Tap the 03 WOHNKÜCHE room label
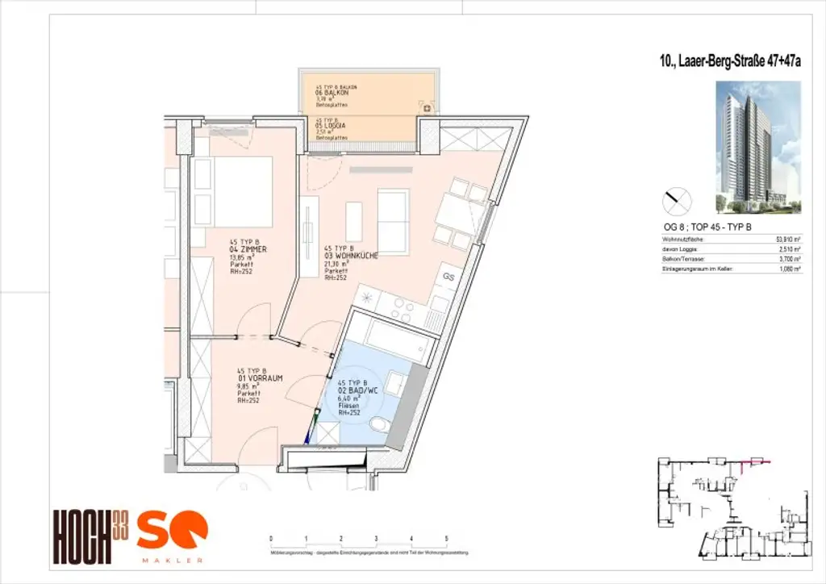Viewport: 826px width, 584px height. click(352, 256)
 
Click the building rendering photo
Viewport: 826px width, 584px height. click(758, 147)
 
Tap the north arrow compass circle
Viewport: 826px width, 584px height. click(676, 198)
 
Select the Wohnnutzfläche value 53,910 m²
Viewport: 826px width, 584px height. click(786, 240)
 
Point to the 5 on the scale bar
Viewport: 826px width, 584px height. click(446, 537)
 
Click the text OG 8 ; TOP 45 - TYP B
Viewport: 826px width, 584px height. click(706, 227)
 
